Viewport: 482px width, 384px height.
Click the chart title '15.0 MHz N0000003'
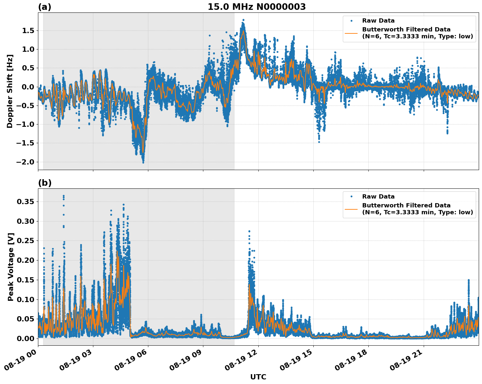pos(256,7)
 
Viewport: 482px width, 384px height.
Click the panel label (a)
pos(45,7)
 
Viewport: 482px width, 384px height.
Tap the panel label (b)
pos(45,183)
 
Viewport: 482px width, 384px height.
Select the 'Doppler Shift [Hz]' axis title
pos(10,91)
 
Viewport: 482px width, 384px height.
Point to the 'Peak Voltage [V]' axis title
pos(10,267)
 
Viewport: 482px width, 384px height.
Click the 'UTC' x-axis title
pos(258,377)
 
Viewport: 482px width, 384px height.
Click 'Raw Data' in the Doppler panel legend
pos(378,21)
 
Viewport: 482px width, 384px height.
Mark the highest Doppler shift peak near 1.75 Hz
pos(243,20)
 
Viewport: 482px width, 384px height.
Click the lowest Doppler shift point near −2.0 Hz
pos(143,162)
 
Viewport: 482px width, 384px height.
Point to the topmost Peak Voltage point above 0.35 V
pos(64,196)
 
